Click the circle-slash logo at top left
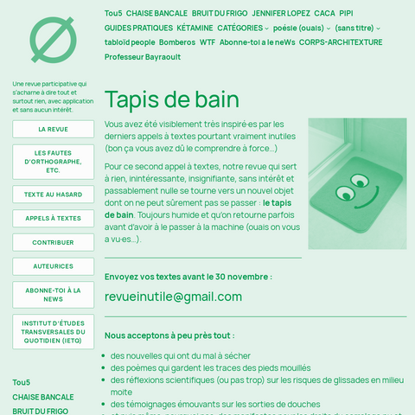[x=53, y=40]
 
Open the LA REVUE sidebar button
[x=53, y=129]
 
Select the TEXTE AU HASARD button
[x=53, y=195]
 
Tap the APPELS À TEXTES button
[x=53, y=219]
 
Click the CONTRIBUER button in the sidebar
[x=53, y=243]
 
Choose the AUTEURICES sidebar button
[x=53, y=266]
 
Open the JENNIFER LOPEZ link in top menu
[x=280, y=14]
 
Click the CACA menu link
[x=324, y=14]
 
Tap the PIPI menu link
[x=346, y=14]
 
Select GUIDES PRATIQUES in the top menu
[x=138, y=28]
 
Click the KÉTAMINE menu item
[x=195, y=28]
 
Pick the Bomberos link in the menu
[x=177, y=41]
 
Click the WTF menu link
[x=207, y=41]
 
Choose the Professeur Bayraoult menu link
[x=143, y=56]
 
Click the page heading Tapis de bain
[x=171, y=98]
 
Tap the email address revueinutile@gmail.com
[x=173, y=297]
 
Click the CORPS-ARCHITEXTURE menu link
[x=341, y=41]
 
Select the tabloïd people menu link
[x=130, y=41]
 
